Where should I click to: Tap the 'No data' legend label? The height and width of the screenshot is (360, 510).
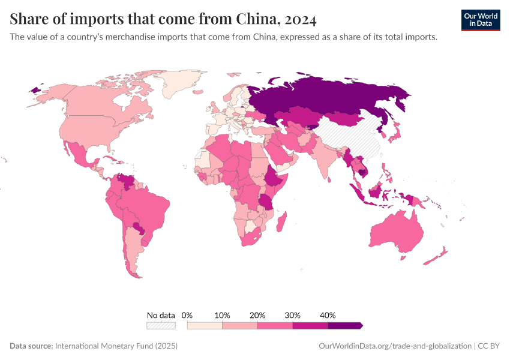(x=161, y=315)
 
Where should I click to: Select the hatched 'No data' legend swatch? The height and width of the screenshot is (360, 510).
(x=161, y=325)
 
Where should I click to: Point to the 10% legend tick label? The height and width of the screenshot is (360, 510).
(x=223, y=315)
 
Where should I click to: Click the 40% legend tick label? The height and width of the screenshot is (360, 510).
(x=328, y=315)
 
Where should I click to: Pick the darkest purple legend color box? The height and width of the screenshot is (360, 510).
(x=345, y=325)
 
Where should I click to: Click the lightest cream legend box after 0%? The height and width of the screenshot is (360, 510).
(x=205, y=325)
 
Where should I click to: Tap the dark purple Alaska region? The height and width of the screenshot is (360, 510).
(x=34, y=89)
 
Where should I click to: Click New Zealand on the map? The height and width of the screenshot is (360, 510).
(x=437, y=257)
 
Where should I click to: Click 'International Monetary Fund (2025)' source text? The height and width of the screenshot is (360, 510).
(x=116, y=346)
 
